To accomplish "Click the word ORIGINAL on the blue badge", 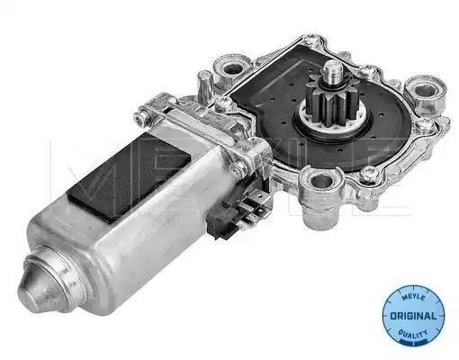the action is pyautogui.click(x=413, y=316).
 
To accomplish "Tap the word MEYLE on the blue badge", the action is pyautogui.click(x=413, y=297).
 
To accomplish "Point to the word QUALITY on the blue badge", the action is pyautogui.click(x=412, y=334).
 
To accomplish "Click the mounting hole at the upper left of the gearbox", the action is pyautogui.click(x=232, y=68).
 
